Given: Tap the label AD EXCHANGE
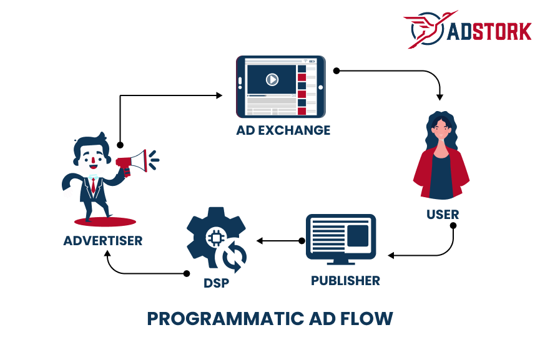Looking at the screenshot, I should point(283,130).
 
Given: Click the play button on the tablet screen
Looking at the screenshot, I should point(272,79).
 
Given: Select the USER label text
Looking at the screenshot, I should point(443,215).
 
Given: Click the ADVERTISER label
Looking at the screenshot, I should point(103,240).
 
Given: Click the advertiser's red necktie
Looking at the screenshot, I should point(93,185).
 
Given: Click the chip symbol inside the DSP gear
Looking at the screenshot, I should point(215,238).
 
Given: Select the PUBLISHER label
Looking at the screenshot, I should point(345,281).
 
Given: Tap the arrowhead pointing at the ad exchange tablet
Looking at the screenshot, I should point(219,95).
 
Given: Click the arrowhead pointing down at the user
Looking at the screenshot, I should point(440,97).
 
